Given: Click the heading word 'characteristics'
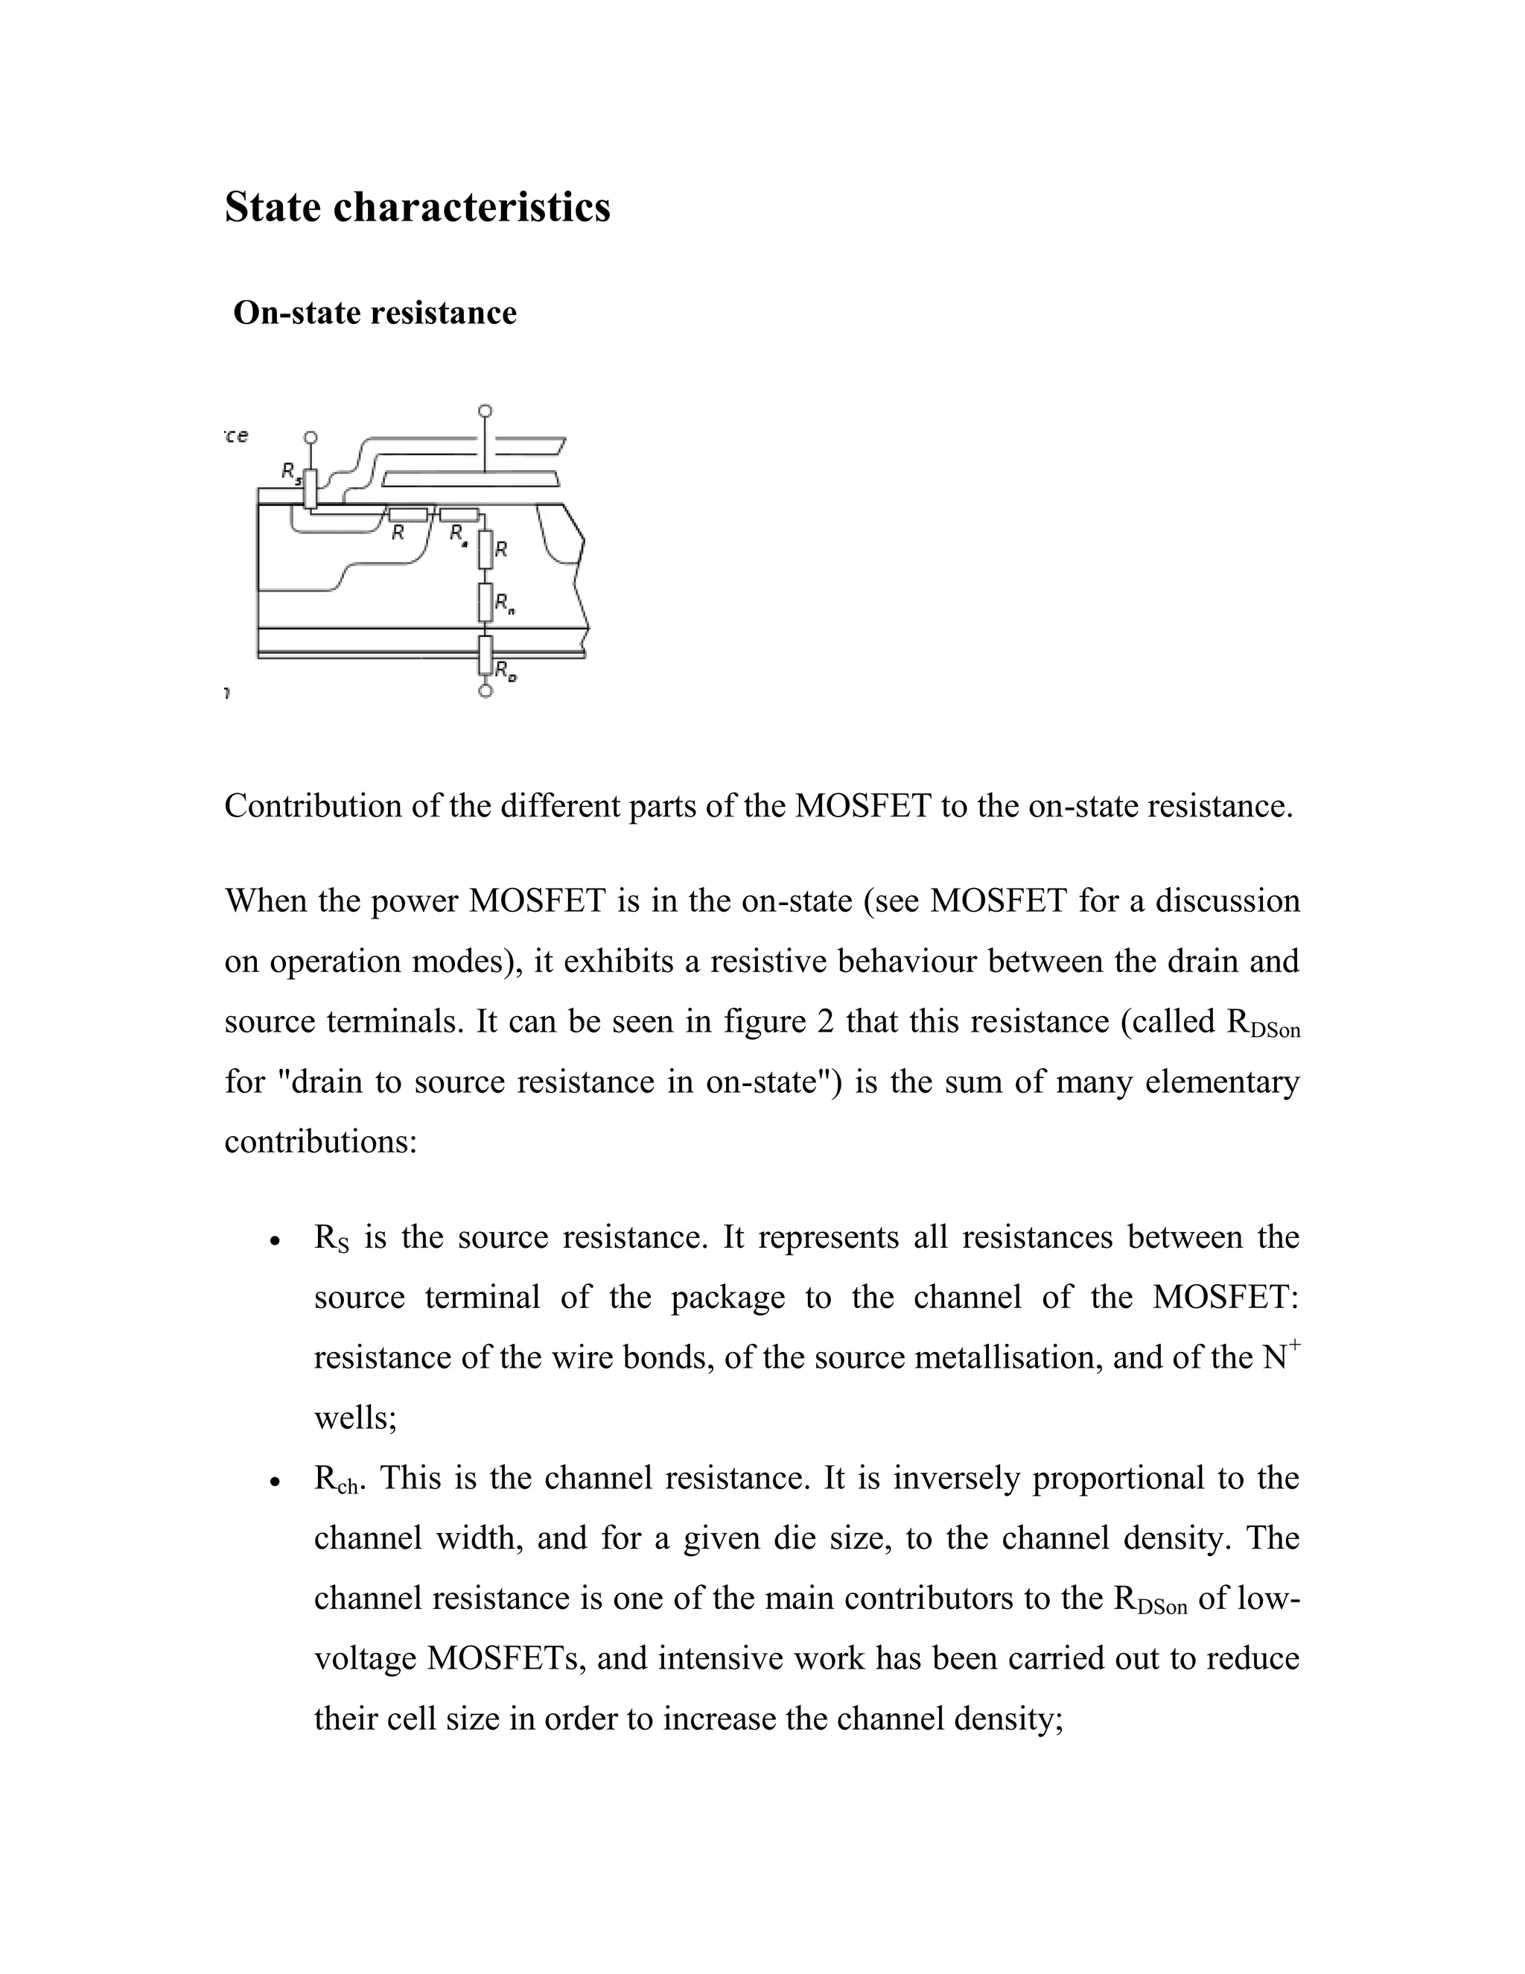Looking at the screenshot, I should tap(471, 207).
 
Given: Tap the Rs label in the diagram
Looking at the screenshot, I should tap(290, 472).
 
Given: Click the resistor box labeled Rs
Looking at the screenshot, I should tap(310, 489).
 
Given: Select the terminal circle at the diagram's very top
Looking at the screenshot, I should tap(485, 411).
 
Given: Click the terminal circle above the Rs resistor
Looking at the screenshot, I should tap(310, 437).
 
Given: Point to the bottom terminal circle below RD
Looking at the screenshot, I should tap(485, 691).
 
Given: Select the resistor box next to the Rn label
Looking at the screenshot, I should tap(485, 601).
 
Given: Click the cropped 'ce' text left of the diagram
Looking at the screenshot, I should tap(237, 436).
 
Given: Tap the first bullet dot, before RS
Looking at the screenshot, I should tap(275, 1242).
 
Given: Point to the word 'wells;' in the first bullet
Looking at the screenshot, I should tap(355, 1418).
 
